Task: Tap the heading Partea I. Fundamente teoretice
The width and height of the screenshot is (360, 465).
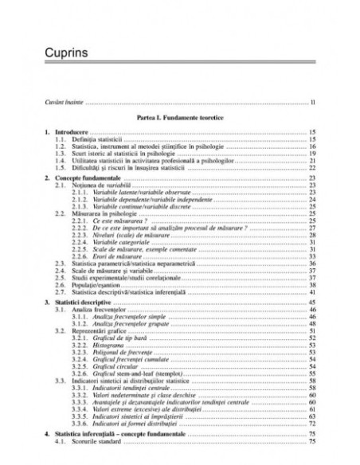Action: tap(178, 117)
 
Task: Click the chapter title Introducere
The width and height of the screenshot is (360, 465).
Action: tap(72, 131)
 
